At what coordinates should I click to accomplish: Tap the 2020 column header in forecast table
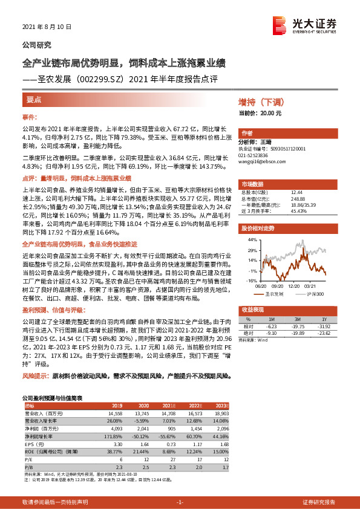[x=143, y=405]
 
